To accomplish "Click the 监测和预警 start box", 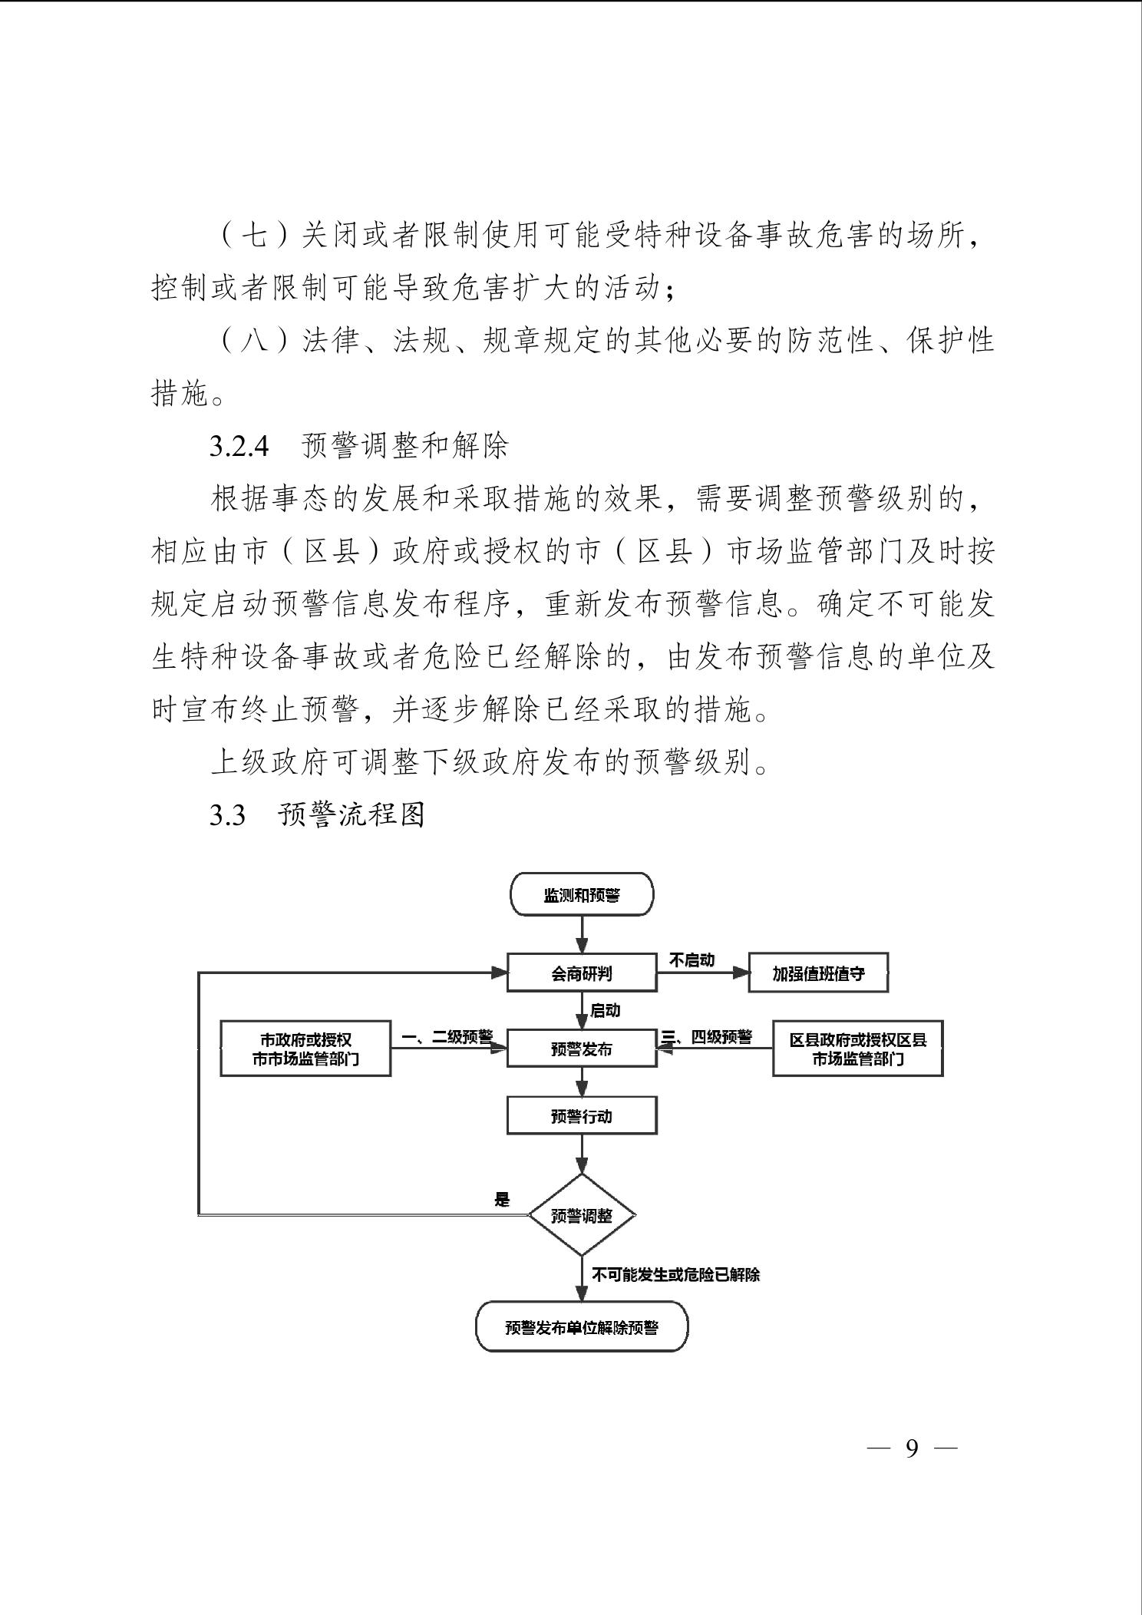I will click(582, 895).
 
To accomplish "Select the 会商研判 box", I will click(582, 973).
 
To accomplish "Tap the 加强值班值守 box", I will click(818, 973).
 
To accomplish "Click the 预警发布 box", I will click(582, 1049).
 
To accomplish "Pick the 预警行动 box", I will click(582, 1116).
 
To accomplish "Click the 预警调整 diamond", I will click(582, 1216).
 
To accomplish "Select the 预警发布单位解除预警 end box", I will click(582, 1327).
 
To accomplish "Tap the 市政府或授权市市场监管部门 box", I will click(305, 1049).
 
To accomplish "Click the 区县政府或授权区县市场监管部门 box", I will click(857, 1049).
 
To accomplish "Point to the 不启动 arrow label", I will click(692, 959).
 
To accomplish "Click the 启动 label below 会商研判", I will click(605, 1010).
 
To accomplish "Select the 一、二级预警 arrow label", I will click(447, 1036).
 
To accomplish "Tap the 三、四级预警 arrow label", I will click(707, 1036).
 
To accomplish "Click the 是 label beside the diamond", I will click(502, 1200).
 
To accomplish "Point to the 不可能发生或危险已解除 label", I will click(675, 1275).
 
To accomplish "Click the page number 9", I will click(912, 1448).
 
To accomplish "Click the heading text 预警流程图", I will click(352, 814).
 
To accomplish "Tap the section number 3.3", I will click(227, 815).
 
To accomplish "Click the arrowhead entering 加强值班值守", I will click(741, 973).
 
